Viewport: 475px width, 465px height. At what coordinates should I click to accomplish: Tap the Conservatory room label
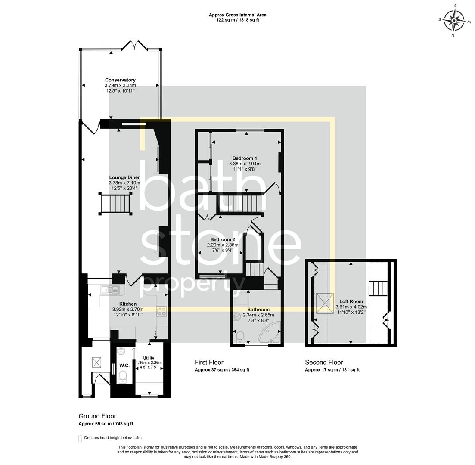[x=120, y=80]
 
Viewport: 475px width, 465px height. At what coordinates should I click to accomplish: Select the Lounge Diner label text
[x=124, y=177]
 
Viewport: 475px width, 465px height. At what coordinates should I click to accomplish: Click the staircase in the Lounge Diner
[x=115, y=204]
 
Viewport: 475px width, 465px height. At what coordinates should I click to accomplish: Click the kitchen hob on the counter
[x=162, y=311]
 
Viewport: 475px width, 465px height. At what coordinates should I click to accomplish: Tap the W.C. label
[x=124, y=366]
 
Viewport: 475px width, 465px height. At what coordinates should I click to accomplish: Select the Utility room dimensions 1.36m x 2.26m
[x=149, y=363]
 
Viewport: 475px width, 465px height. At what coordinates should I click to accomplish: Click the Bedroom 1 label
[x=245, y=158]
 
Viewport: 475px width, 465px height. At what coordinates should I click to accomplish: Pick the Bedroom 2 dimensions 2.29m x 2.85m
[x=223, y=245]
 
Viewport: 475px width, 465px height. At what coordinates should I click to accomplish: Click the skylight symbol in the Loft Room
[x=324, y=303]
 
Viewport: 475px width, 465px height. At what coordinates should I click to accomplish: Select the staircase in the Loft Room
[x=378, y=288]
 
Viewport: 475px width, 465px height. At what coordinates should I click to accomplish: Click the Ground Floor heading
[x=97, y=416]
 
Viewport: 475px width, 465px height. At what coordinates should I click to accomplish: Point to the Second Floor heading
[x=324, y=362]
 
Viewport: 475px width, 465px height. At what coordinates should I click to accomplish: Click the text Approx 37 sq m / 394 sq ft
[x=222, y=370]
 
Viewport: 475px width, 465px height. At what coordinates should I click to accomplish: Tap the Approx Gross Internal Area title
[x=237, y=15]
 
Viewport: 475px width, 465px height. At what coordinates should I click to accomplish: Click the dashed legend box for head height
[x=80, y=438]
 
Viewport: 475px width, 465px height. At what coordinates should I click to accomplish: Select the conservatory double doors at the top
[x=135, y=45]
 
